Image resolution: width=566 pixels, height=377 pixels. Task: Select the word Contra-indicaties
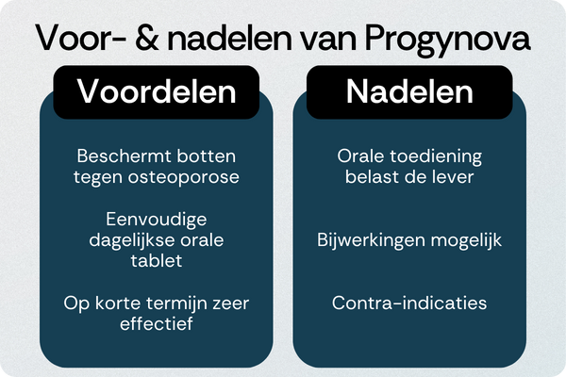click(x=409, y=303)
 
